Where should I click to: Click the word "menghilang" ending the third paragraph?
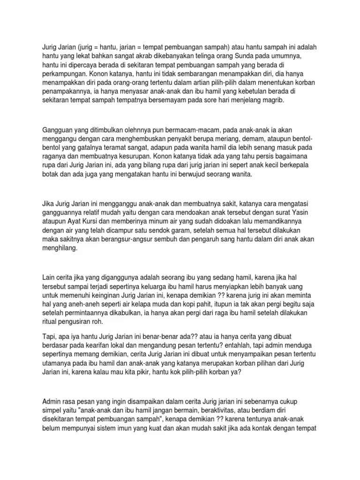(x=61, y=250)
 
